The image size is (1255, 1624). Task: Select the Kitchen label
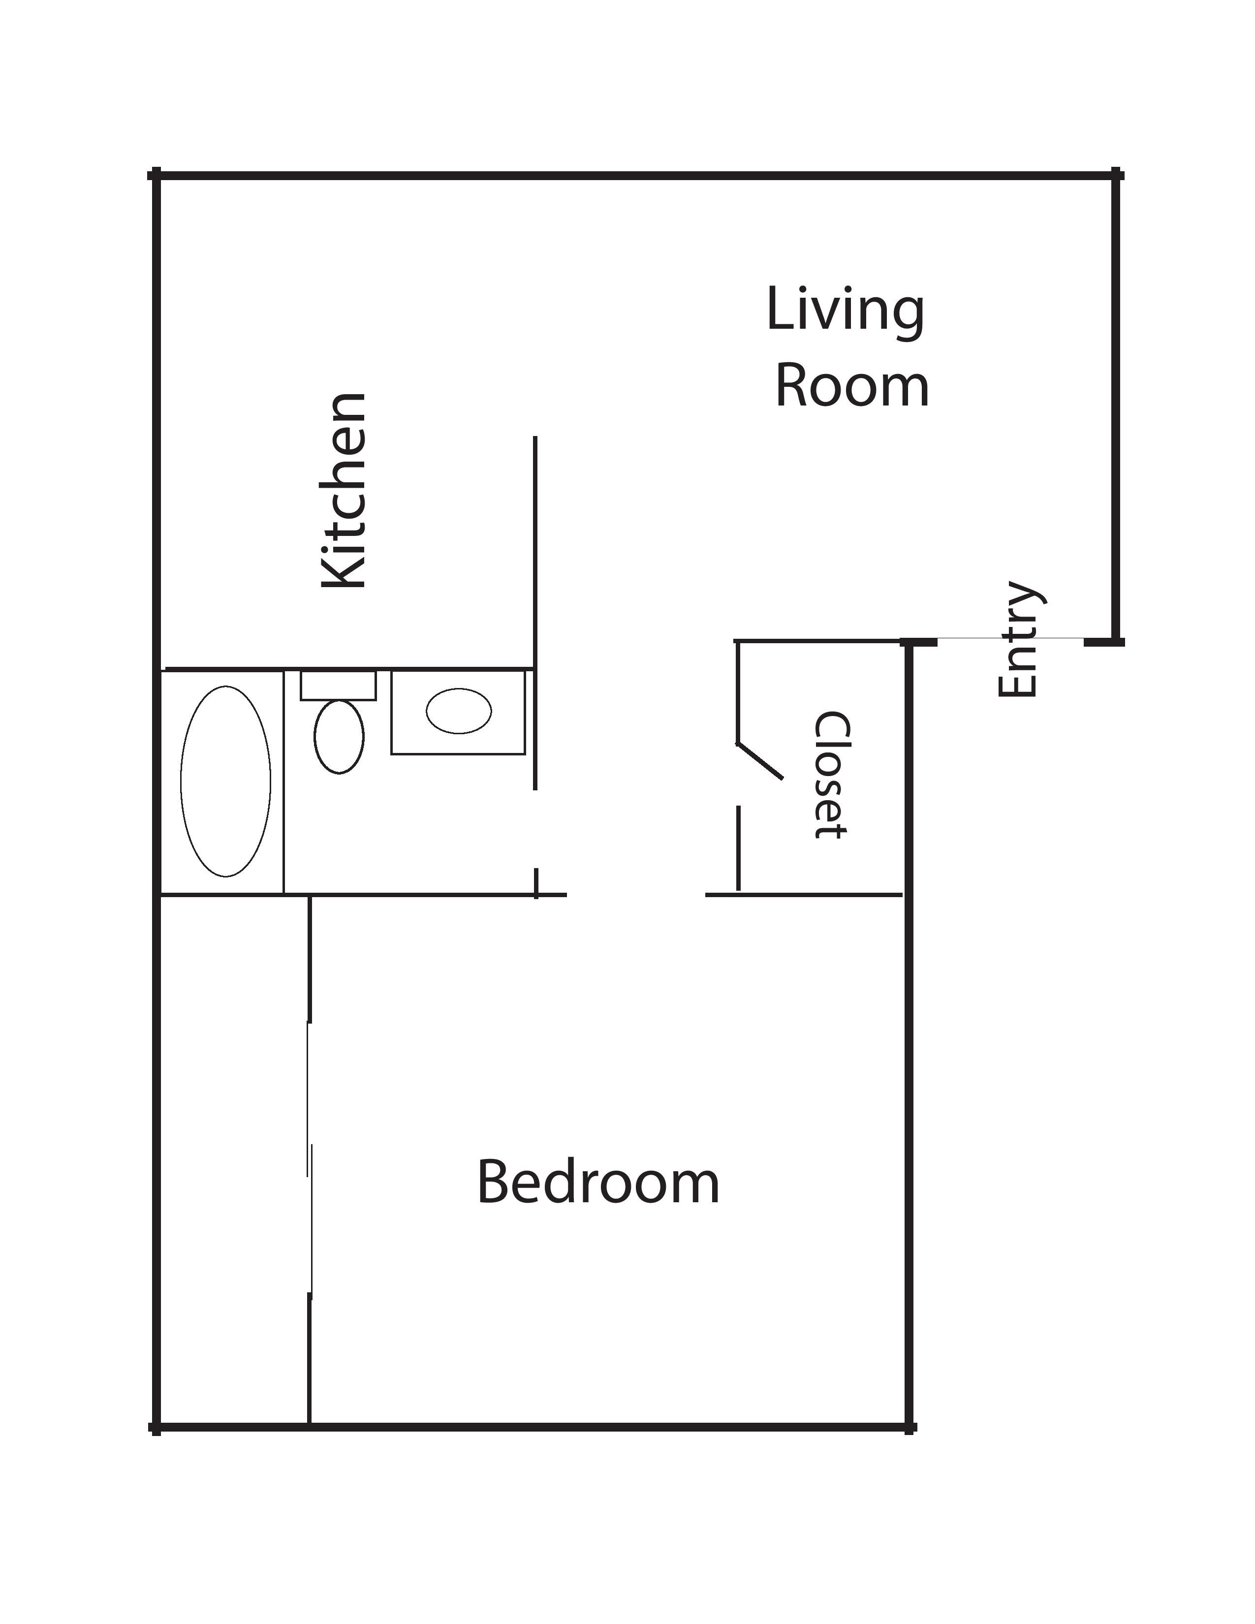pyautogui.click(x=344, y=491)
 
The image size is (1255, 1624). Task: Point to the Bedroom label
pyautogui.click(x=598, y=1182)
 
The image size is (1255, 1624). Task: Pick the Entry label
pyautogui.click(x=1020, y=639)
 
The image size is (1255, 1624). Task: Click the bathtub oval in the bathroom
pyautogui.click(x=225, y=781)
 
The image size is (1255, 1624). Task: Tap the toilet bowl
pyautogui.click(x=339, y=736)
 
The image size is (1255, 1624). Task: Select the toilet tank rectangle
pyautogui.click(x=338, y=685)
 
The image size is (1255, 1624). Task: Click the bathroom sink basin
pyautogui.click(x=459, y=711)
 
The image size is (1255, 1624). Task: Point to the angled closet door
pyautogui.click(x=759, y=761)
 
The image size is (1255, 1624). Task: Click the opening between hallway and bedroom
pyautogui.click(x=636, y=895)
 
